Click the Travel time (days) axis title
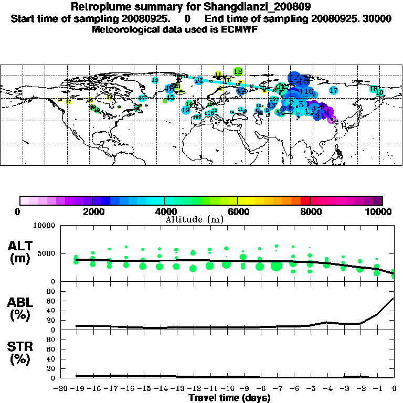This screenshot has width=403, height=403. [x=229, y=398]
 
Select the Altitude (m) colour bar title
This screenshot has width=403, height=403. [x=194, y=219]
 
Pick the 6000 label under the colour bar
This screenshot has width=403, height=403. [x=238, y=211]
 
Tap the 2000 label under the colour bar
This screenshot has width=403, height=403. [x=92, y=211]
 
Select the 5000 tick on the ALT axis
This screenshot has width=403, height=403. [x=47, y=253]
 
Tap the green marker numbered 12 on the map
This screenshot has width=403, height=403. [x=238, y=71]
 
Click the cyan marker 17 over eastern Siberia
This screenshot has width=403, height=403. [x=334, y=90]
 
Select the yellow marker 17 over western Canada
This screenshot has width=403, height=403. [x=69, y=102]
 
